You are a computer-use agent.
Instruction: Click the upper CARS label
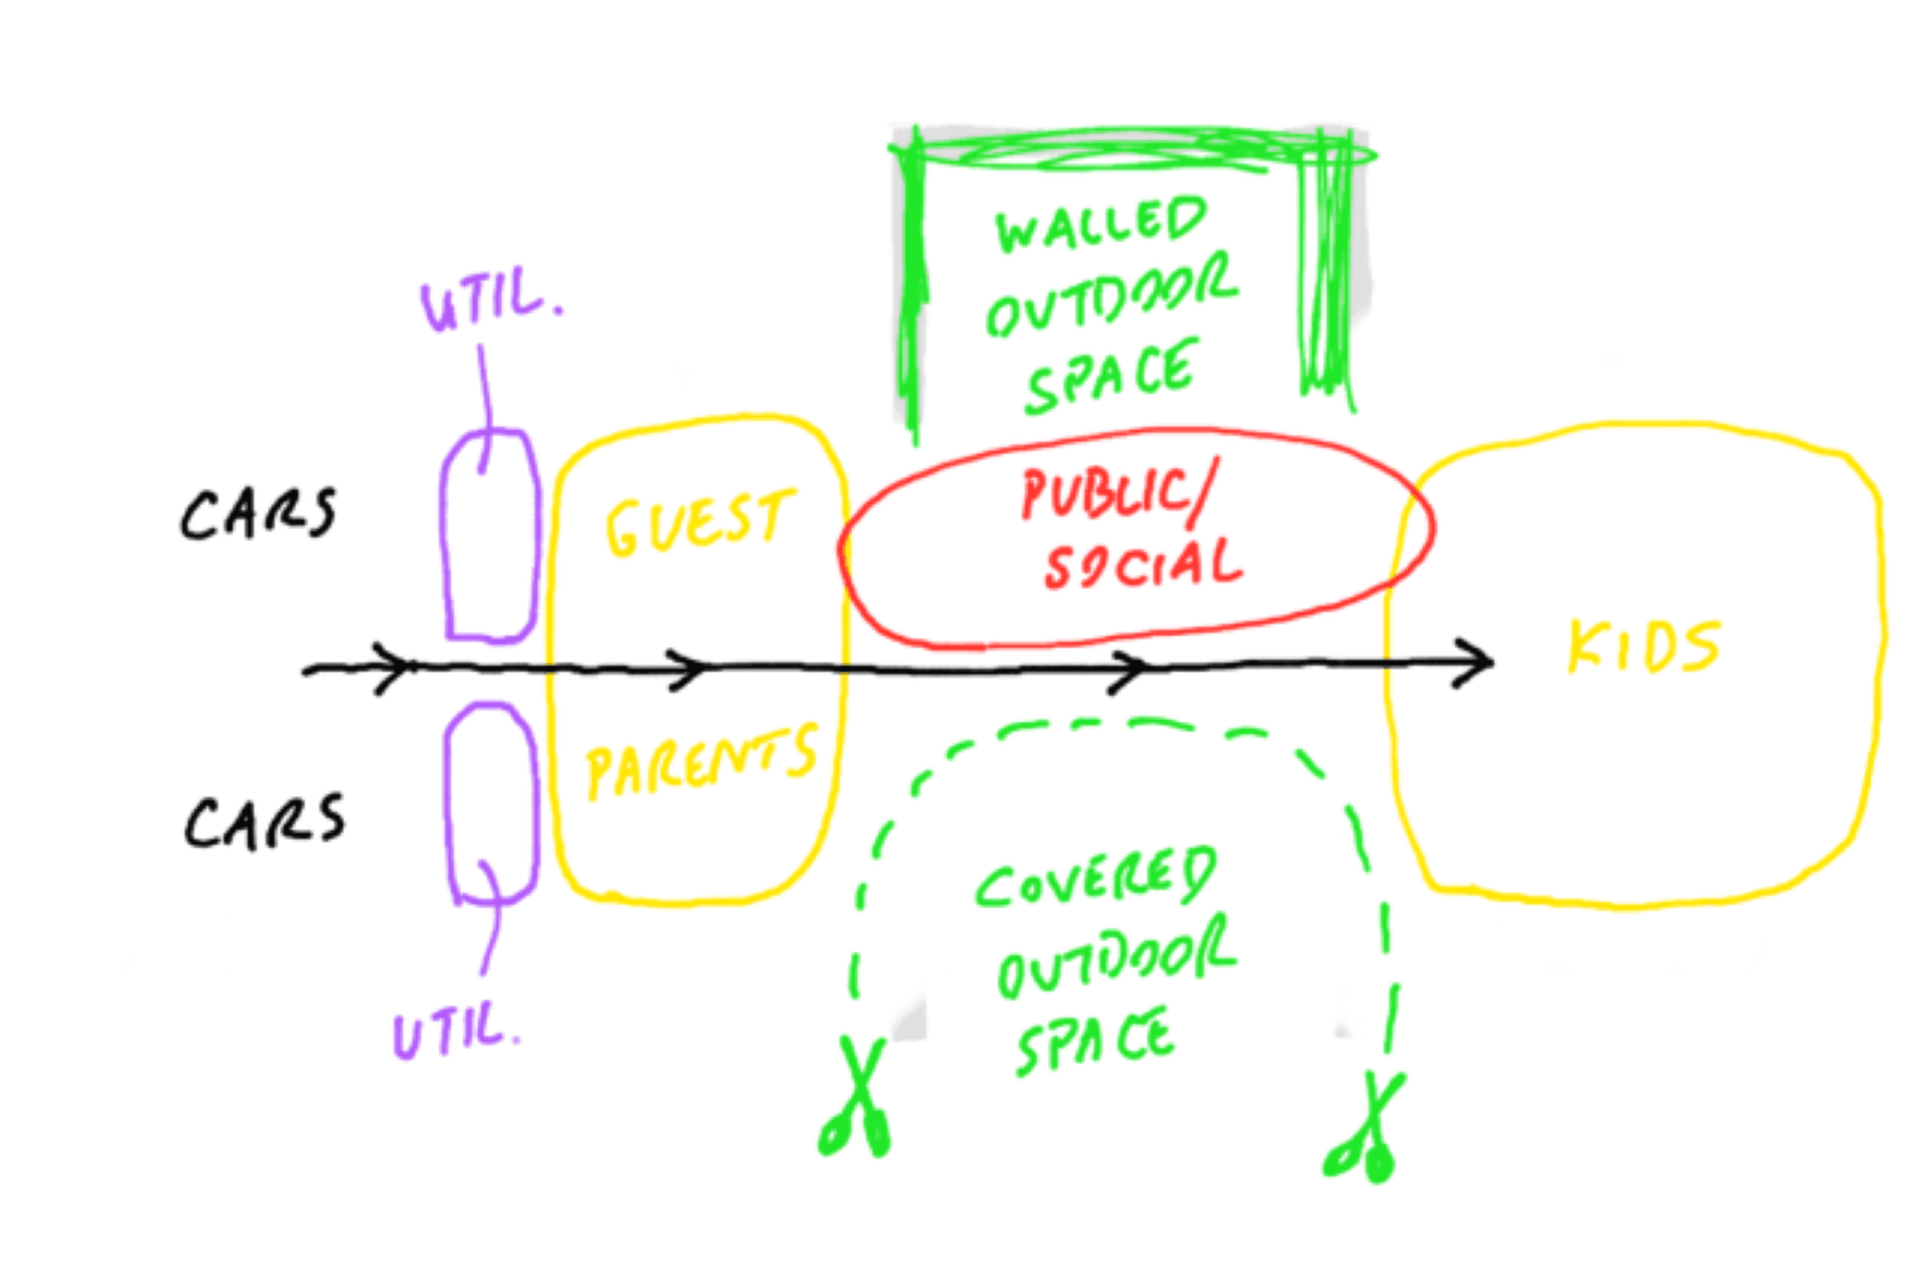(258, 514)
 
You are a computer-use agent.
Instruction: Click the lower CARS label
(264, 822)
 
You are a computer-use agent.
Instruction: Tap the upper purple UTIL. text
(489, 300)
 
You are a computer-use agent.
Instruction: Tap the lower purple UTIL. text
(457, 1030)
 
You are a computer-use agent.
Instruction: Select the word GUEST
(699, 523)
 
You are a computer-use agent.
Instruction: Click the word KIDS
(1643, 646)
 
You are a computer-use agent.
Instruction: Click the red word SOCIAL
(1144, 565)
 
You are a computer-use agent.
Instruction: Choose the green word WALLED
(1101, 224)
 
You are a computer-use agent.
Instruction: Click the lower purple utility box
(490, 803)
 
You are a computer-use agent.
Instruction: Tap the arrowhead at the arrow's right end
(1475, 662)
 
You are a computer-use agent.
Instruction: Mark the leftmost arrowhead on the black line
(391, 667)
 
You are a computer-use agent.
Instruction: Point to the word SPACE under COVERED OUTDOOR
(1095, 1040)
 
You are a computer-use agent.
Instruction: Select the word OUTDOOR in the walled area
(1111, 297)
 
